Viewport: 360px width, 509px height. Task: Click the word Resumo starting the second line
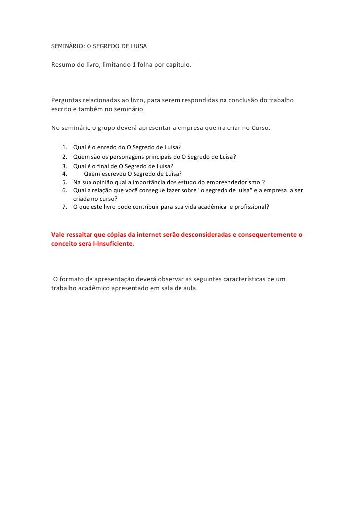click(x=63, y=65)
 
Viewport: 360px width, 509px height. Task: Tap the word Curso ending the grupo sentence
click(x=260, y=127)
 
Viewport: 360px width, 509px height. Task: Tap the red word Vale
click(x=58, y=234)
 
